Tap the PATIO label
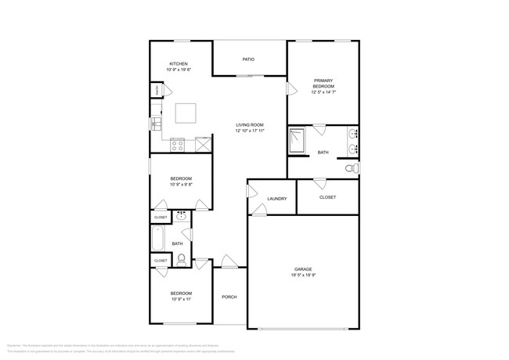pyautogui.click(x=248, y=59)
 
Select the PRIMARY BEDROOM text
pyautogui.click(x=323, y=84)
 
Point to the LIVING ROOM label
pyautogui.click(x=250, y=125)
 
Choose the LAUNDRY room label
pyautogui.click(x=277, y=199)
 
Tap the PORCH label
pyautogui.click(x=229, y=297)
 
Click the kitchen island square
pyautogui.click(x=186, y=114)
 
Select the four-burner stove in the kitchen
pyautogui.click(x=178, y=144)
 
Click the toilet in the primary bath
pyautogui.click(x=351, y=168)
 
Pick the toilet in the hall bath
pyautogui.click(x=181, y=260)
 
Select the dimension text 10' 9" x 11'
pyautogui.click(x=181, y=299)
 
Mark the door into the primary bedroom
pyautogui.click(x=291, y=88)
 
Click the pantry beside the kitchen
pyautogui.click(x=157, y=91)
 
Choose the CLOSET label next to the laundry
pyautogui.click(x=328, y=197)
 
